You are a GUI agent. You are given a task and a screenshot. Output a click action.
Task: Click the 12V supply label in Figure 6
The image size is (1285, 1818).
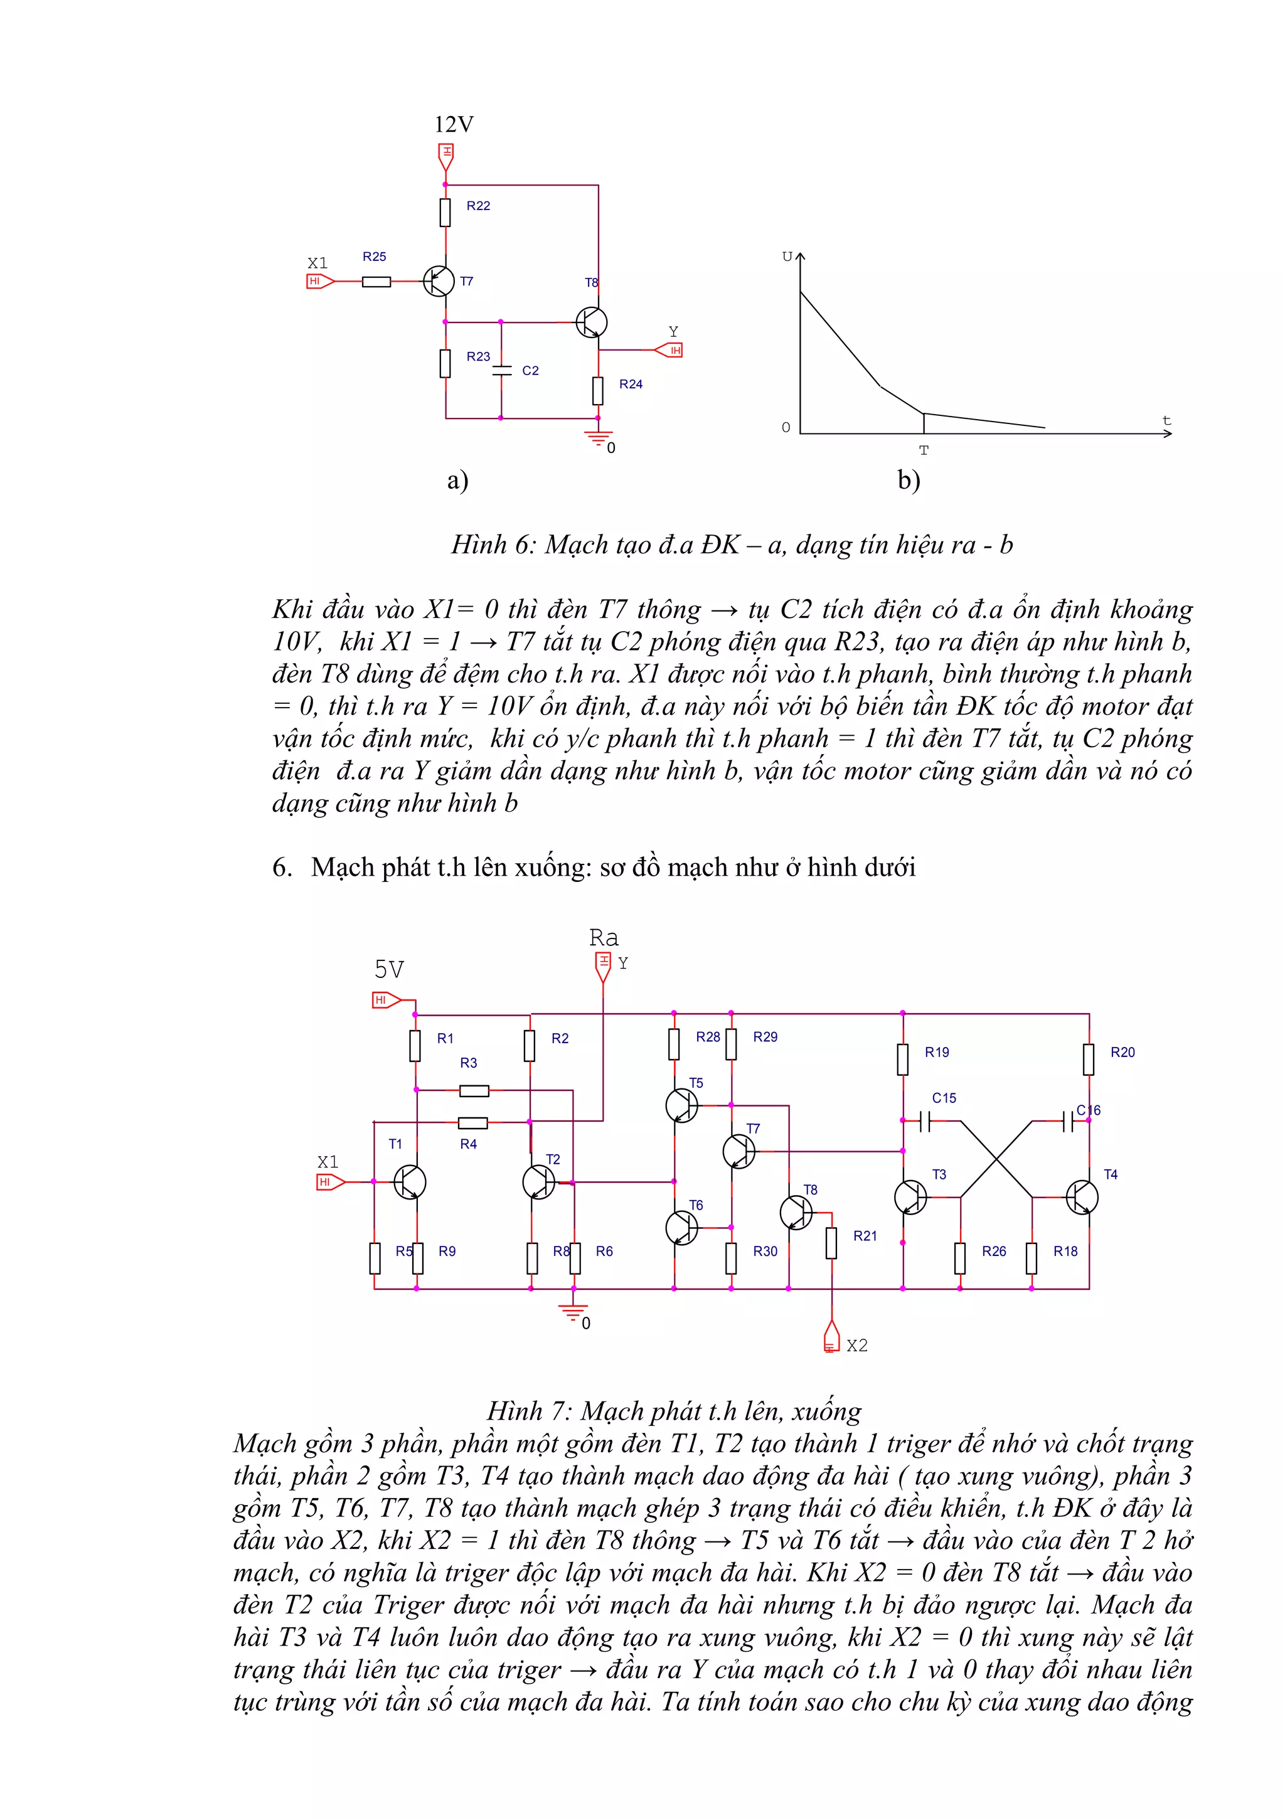click(x=454, y=124)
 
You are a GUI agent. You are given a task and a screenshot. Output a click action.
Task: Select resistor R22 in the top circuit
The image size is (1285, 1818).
click(x=445, y=212)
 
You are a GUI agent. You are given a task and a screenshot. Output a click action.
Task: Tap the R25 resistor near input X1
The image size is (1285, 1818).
click(x=376, y=281)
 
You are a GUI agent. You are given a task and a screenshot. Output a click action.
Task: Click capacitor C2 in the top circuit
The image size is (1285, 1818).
click(x=501, y=369)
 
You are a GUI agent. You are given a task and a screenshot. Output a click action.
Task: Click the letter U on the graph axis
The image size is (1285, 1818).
click(x=787, y=257)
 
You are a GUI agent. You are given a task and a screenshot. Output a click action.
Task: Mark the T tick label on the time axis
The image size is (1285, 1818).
click(x=923, y=450)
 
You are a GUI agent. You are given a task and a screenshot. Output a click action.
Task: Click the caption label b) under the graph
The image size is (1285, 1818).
click(x=908, y=479)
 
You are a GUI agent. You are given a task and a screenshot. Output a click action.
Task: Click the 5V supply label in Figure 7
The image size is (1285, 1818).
click(x=389, y=969)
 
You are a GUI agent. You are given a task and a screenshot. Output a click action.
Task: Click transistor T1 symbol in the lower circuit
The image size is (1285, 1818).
click(x=409, y=1182)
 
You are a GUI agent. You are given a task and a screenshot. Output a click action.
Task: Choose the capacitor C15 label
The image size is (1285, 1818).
click(x=944, y=1098)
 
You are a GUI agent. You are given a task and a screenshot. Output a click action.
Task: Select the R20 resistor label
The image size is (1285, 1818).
click(x=1122, y=1052)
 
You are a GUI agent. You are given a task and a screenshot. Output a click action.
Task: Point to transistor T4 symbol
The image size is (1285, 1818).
click(x=1082, y=1197)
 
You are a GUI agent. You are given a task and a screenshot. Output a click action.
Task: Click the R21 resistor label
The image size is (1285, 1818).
click(x=865, y=1236)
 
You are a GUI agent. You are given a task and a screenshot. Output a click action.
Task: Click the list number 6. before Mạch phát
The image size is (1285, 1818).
click(x=282, y=867)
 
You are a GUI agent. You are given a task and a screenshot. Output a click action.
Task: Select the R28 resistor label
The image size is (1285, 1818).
click(x=708, y=1037)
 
